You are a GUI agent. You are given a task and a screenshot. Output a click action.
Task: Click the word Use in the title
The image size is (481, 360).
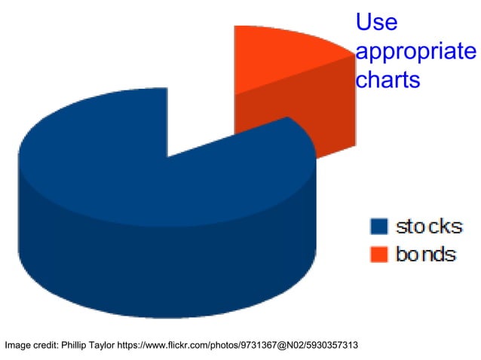coord(376,23)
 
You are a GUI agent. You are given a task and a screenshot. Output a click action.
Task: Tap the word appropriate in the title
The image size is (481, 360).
coord(415,53)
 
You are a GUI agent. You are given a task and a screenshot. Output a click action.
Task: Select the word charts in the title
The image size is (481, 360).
coord(387,79)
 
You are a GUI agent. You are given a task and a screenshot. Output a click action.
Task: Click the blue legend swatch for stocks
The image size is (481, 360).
coord(378,227)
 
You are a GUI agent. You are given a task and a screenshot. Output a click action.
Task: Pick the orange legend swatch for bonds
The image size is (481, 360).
coord(378,254)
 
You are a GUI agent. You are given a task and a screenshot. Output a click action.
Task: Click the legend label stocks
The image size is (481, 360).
coord(428,226)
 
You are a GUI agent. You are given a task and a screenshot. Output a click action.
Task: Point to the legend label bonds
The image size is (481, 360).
coord(426,254)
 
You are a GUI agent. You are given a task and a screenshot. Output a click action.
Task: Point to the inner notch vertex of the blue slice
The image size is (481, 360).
coord(167,157)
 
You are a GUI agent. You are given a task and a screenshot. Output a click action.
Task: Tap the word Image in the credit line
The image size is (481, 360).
coord(18,346)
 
